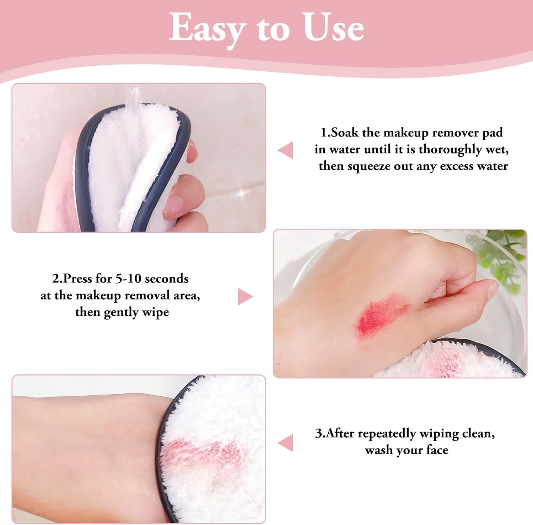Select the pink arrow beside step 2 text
[x=245, y=297]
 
